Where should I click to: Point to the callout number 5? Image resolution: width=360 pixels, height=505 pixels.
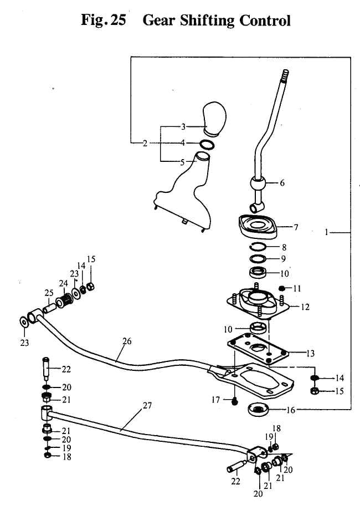[x=183, y=163]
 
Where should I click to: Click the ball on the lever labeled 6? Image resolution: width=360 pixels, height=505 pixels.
[x=256, y=183]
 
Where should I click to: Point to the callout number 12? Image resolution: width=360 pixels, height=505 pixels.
[x=305, y=307]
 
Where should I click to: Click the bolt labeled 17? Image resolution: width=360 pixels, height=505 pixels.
[x=235, y=399]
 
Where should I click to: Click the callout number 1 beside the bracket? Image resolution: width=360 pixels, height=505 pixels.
[x=327, y=233]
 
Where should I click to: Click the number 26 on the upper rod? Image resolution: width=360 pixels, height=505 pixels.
[x=127, y=341]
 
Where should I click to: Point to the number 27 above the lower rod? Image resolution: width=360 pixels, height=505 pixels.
[x=147, y=406]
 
